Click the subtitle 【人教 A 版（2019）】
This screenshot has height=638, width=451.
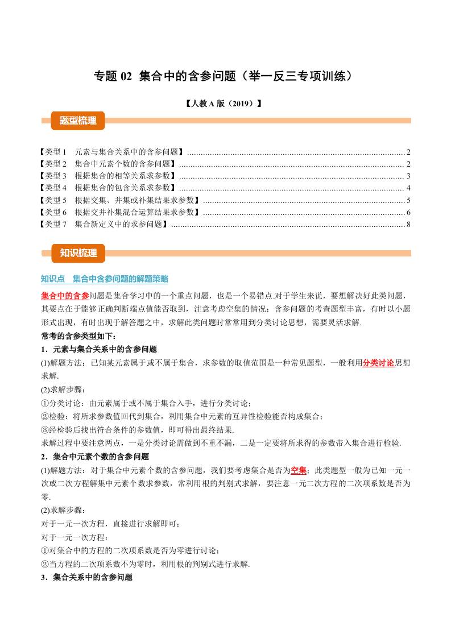[x=225, y=104]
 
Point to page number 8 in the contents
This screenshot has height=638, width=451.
[x=408, y=224]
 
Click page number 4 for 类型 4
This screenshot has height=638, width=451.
[x=408, y=188]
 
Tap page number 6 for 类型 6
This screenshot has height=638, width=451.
[x=408, y=212]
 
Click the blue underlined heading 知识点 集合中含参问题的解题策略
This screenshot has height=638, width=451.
[x=105, y=279]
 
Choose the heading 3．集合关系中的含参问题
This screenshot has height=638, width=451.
[x=87, y=577]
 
